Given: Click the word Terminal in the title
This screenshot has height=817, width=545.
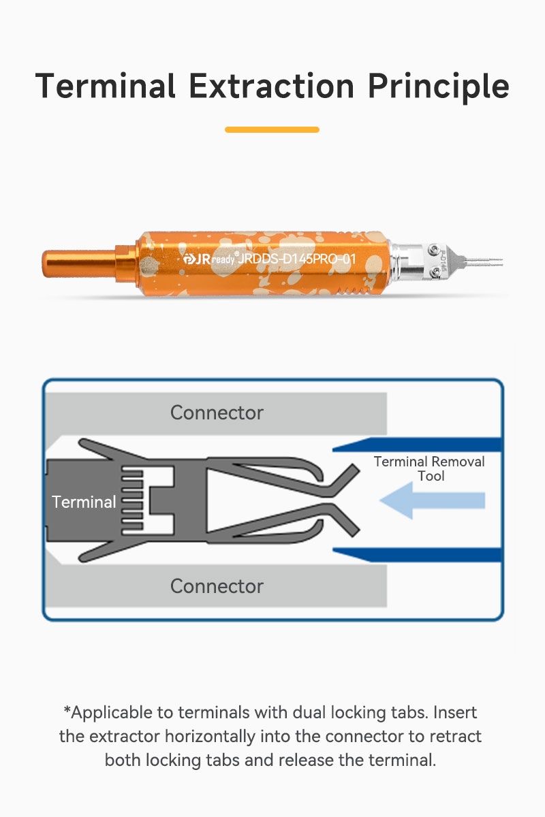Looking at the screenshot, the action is click(106, 86).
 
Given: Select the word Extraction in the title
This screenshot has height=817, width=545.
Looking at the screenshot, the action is click(272, 86).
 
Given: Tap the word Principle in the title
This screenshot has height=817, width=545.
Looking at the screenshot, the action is click(439, 88).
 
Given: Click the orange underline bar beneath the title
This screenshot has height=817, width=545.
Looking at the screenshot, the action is click(272, 129).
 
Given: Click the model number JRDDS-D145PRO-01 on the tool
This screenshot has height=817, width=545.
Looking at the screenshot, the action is click(297, 259).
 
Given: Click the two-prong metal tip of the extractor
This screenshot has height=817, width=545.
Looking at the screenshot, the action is click(483, 261).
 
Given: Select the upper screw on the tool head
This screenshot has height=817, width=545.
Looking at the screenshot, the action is click(434, 249).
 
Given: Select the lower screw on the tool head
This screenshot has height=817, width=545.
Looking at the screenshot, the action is click(436, 272).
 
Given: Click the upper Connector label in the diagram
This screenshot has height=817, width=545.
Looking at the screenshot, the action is click(217, 413).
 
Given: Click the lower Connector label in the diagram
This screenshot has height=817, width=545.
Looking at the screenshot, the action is click(217, 586).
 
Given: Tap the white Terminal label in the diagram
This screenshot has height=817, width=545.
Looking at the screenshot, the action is click(84, 502).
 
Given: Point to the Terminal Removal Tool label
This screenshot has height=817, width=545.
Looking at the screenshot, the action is click(429, 468).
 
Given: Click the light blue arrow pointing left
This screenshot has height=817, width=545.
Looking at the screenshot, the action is click(432, 500).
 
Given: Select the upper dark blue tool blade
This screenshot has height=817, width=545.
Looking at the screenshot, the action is click(418, 445).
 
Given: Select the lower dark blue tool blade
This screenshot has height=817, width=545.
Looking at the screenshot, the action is click(418, 555).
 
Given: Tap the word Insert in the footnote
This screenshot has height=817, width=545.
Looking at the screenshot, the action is click(455, 712).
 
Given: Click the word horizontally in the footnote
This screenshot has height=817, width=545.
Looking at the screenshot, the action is click(210, 737).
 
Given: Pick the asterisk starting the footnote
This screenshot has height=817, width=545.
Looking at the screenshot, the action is click(67, 709).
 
